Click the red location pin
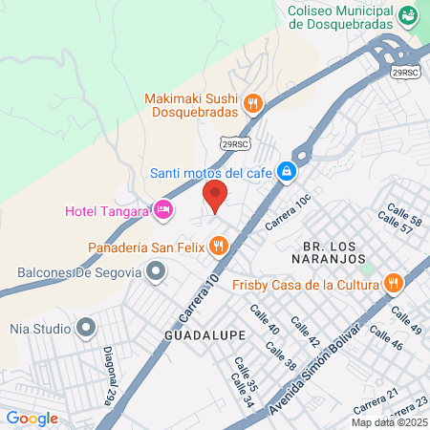(x=215, y=197)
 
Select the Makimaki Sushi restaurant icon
(x=252, y=102)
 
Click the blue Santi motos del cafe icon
(x=285, y=173)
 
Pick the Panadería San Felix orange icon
(x=219, y=247)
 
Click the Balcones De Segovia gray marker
(x=157, y=273)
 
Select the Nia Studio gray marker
(x=86, y=330)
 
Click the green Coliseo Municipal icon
(x=408, y=14)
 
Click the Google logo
(x=32, y=418)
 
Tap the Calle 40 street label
(x=265, y=320)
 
